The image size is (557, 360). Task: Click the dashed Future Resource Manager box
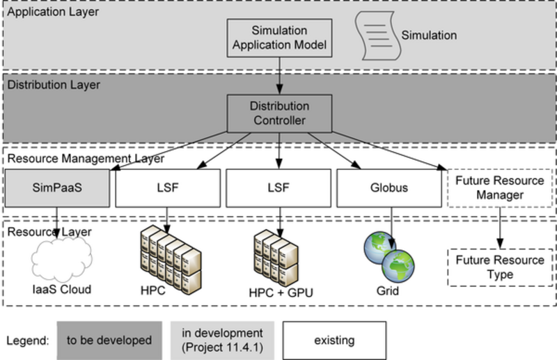(499, 189)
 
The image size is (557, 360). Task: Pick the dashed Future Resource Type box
(499, 267)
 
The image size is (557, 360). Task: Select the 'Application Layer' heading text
(53, 13)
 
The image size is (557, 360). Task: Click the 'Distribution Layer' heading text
(54, 86)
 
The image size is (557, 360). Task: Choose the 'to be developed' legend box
(109, 341)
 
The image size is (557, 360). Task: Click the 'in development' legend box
(221, 341)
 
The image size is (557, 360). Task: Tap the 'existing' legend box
(334, 341)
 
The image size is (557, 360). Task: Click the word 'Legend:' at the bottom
(27, 341)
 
